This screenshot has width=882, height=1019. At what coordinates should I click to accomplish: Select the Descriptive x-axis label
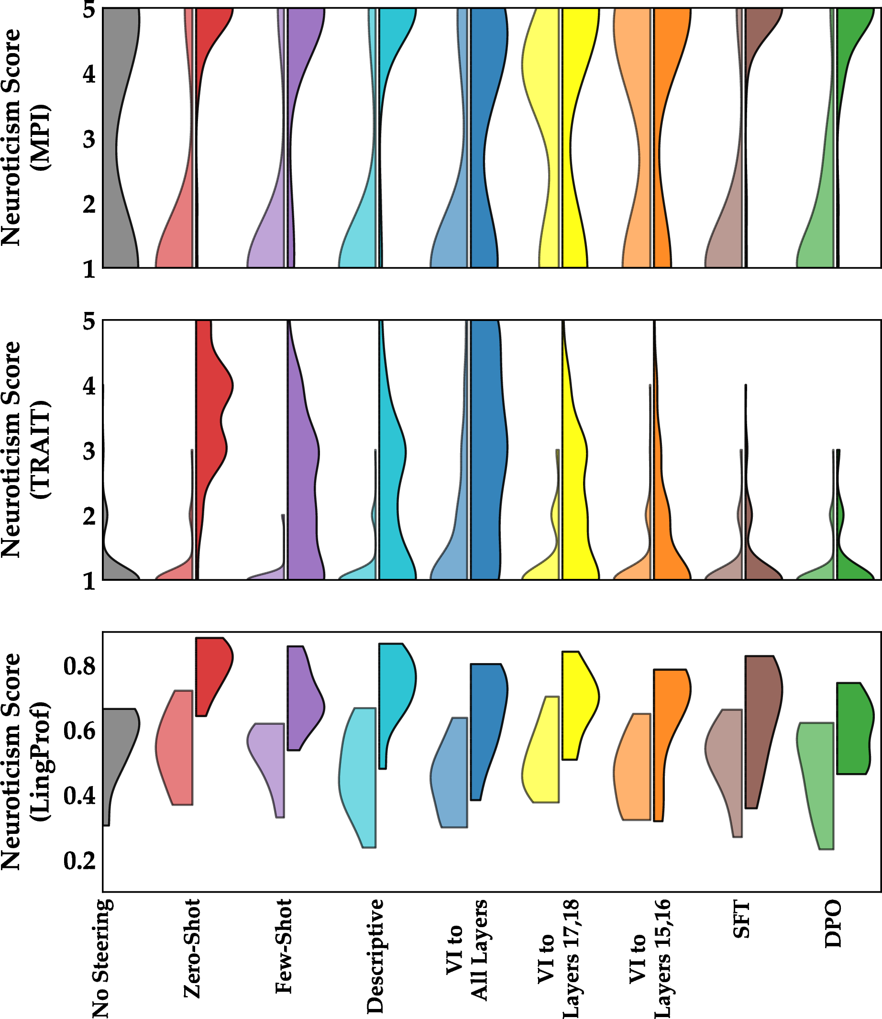click(x=375, y=956)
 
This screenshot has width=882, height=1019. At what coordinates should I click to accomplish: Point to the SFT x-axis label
click(x=742, y=919)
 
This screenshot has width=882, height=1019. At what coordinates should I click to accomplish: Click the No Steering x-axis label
click(x=101, y=958)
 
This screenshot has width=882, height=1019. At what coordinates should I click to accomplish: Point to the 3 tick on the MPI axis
click(x=89, y=140)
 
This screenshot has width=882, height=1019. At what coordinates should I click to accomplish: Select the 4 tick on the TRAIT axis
click(x=89, y=387)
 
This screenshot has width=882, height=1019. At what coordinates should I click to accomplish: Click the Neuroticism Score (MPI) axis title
click(x=24, y=137)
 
